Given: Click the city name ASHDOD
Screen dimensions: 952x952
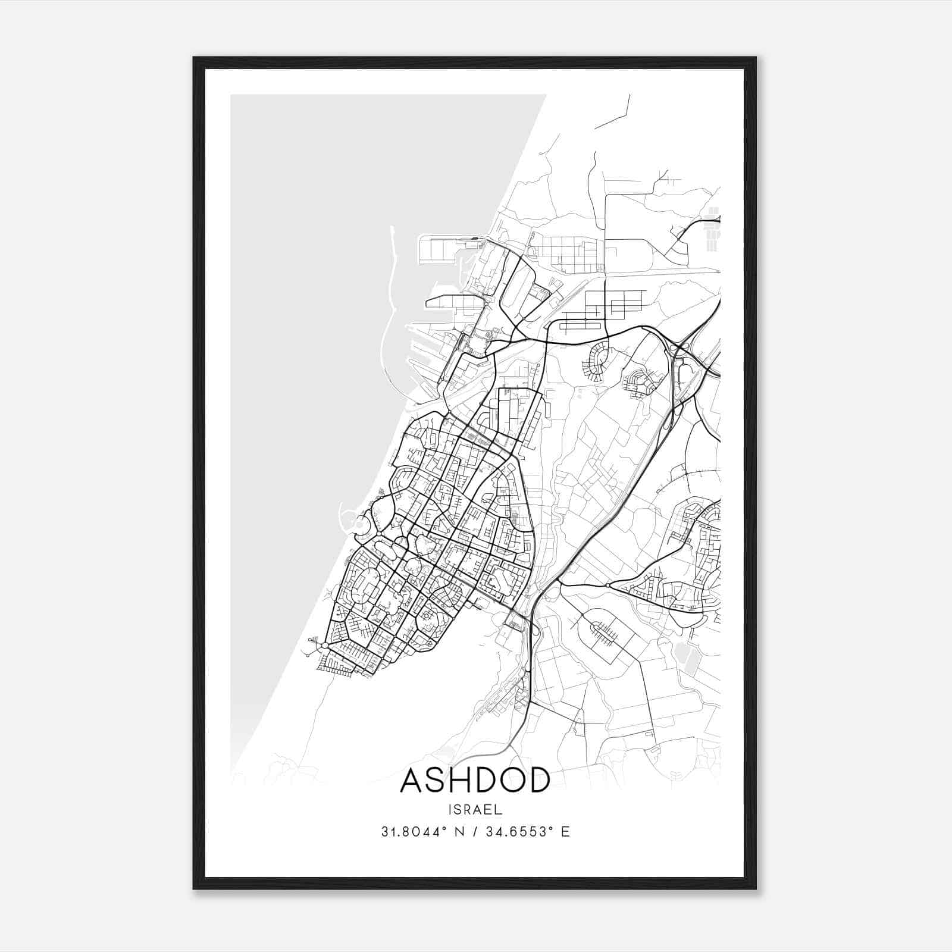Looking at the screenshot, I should click(475, 780).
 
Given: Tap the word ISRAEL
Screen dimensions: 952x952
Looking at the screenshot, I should click(475, 810).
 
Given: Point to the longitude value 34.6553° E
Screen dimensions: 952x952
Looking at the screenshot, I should click(528, 832).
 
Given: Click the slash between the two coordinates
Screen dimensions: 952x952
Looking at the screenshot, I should click(473, 832).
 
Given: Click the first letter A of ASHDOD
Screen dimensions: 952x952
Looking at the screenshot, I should click(412, 780).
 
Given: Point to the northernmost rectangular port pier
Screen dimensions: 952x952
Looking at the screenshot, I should click(443, 250).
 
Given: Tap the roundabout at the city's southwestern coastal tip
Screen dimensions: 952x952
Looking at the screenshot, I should click(325, 645).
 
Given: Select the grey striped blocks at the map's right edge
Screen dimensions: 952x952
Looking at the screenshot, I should click(713, 229).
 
